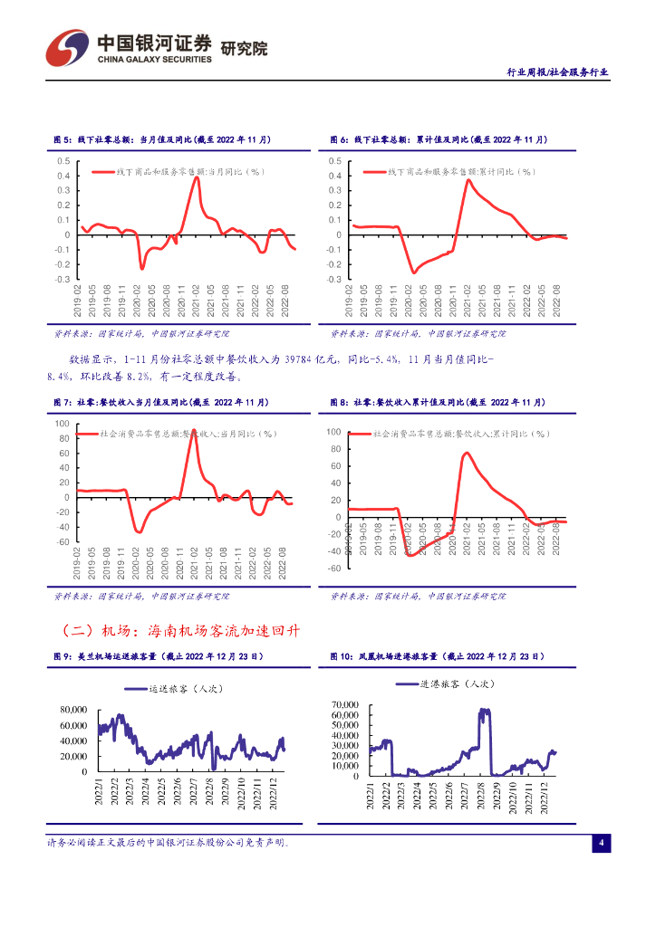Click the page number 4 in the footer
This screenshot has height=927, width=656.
click(x=601, y=843)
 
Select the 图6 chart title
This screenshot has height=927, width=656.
click(x=439, y=140)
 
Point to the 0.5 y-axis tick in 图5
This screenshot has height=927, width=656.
click(x=63, y=161)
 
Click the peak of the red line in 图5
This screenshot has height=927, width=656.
click(x=197, y=177)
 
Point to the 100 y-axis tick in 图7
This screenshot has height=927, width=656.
click(x=62, y=423)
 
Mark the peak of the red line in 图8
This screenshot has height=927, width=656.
click(x=467, y=453)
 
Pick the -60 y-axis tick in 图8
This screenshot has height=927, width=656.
click(x=333, y=569)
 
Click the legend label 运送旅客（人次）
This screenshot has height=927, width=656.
click(x=187, y=690)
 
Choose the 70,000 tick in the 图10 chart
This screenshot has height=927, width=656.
click(x=346, y=704)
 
